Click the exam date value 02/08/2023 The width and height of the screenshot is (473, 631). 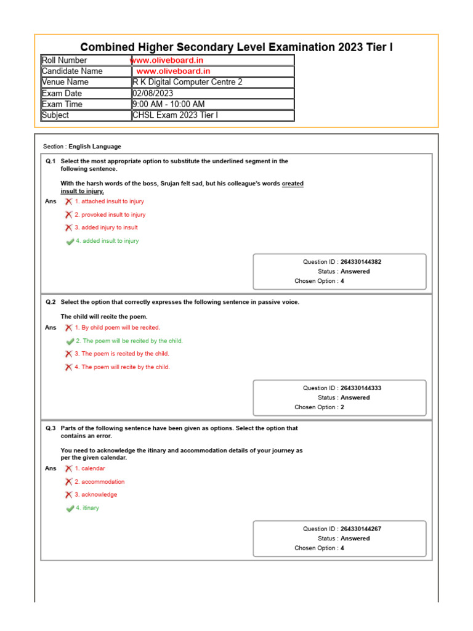(x=153, y=93)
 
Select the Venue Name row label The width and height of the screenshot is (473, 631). (x=65, y=82)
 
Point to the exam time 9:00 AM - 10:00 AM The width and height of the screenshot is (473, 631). (x=169, y=104)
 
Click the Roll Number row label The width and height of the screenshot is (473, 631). (x=65, y=60)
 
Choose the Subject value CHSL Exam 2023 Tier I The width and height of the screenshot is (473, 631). (x=175, y=115)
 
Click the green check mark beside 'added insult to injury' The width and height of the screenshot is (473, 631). (x=70, y=242)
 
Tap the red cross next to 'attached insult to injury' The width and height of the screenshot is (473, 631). (x=68, y=202)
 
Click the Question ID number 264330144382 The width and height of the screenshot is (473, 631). (x=365, y=262)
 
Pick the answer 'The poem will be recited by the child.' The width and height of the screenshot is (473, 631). (x=132, y=341)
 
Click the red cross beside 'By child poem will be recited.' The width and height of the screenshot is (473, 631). (x=68, y=328)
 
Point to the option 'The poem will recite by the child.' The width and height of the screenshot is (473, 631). (x=126, y=367)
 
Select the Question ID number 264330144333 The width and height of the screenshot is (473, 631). (x=365, y=388)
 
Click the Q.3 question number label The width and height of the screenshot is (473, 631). (x=51, y=428)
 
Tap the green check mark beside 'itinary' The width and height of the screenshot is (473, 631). (x=70, y=508)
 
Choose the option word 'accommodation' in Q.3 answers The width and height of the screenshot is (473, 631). (x=103, y=482)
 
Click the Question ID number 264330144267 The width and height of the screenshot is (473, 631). (x=365, y=529)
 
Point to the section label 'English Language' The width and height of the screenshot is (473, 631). (x=95, y=147)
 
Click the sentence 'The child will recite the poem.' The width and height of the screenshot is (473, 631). (x=104, y=317)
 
